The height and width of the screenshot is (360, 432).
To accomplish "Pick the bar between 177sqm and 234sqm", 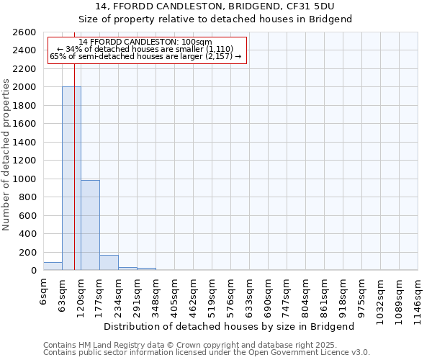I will [x=109, y=263].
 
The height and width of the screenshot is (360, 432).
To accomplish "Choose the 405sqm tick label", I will [x=175, y=294].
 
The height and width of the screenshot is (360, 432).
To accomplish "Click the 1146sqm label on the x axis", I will [x=418, y=296].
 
